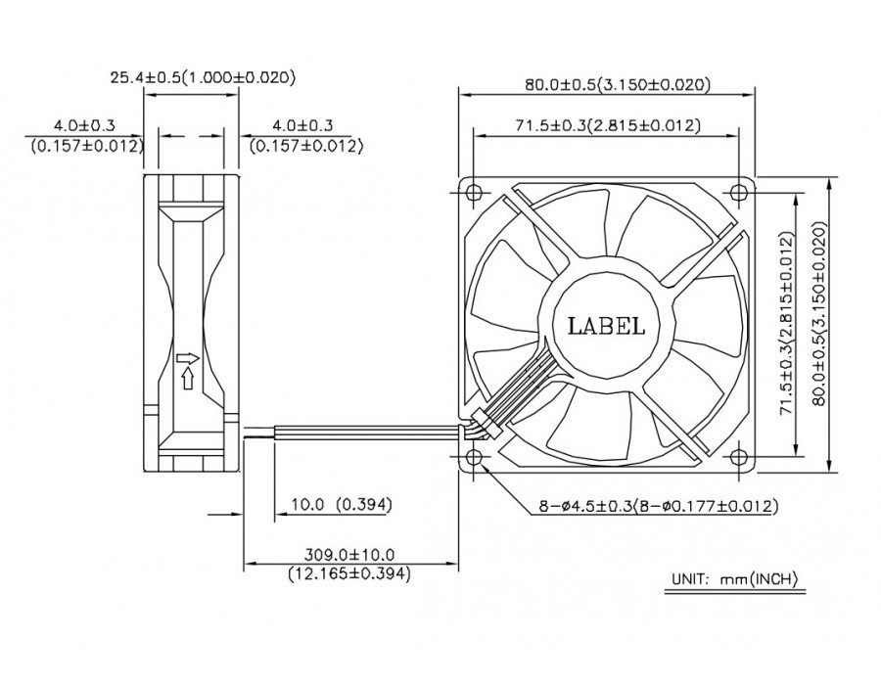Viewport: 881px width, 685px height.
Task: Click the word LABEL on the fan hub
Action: tap(606, 327)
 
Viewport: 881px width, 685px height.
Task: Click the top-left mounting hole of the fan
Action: tap(475, 191)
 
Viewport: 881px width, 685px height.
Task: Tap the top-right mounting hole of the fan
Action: tap(741, 191)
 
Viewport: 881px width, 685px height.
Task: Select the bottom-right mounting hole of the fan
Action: tap(741, 457)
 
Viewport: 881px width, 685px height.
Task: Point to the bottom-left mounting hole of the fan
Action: tap(475, 457)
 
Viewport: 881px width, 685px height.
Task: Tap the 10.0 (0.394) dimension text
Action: tap(341, 505)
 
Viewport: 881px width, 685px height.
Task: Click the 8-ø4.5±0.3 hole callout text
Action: tap(658, 506)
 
